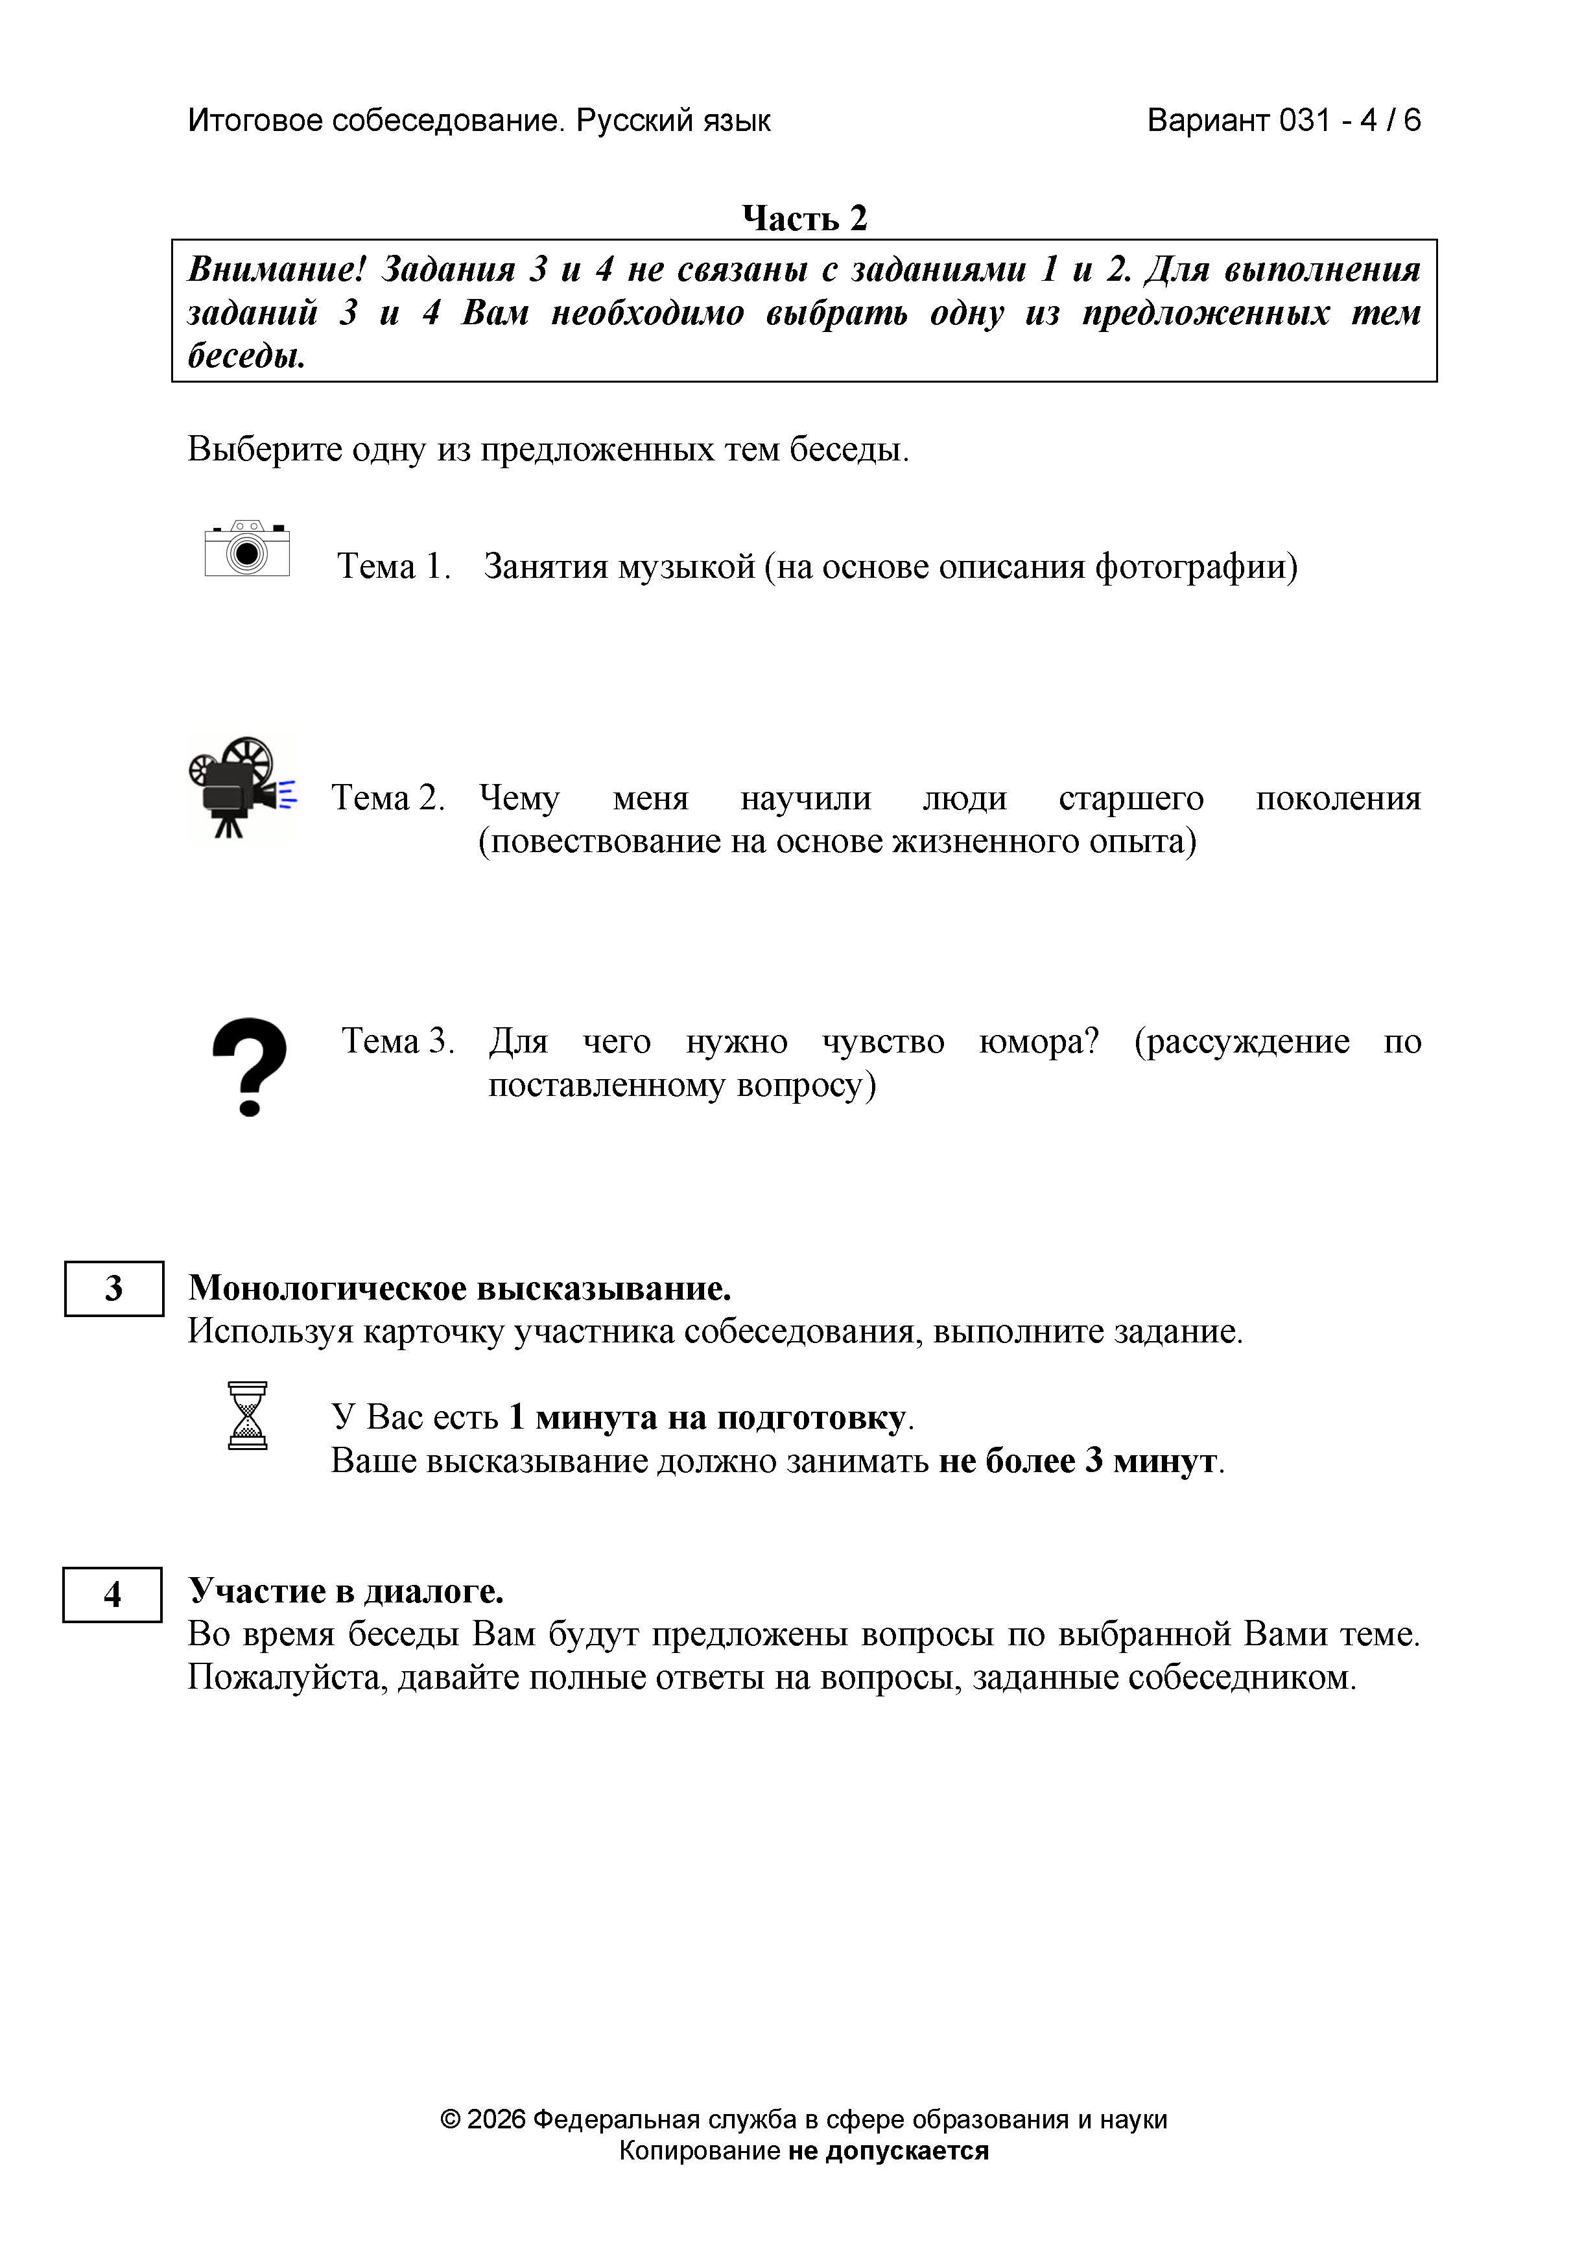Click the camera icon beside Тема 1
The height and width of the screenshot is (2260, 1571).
247,549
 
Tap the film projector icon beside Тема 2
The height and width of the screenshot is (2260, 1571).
241,787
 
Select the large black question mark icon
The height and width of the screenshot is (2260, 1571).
250,1067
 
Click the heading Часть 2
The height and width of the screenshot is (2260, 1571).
804,217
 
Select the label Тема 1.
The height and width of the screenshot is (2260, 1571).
393,566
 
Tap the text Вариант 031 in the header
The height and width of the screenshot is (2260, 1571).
1238,120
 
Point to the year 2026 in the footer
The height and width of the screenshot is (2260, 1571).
496,2119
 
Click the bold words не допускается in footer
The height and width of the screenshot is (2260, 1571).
888,2151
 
